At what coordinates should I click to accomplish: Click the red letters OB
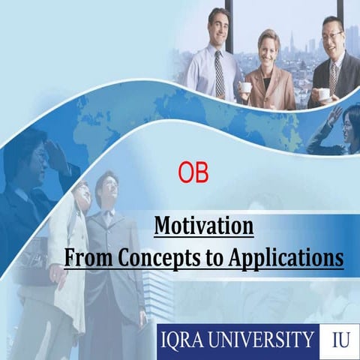click(193, 172)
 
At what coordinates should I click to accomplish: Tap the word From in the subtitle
click(88, 257)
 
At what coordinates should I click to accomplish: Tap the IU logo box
click(339, 340)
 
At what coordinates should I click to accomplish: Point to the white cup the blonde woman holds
click(245, 87)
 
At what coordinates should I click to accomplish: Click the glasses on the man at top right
click(333, 34)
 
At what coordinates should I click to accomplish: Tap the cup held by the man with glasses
click(322, 94)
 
